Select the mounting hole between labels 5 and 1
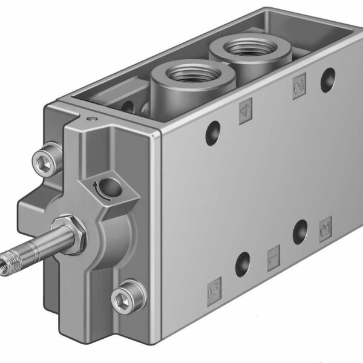tap(243, 264)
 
